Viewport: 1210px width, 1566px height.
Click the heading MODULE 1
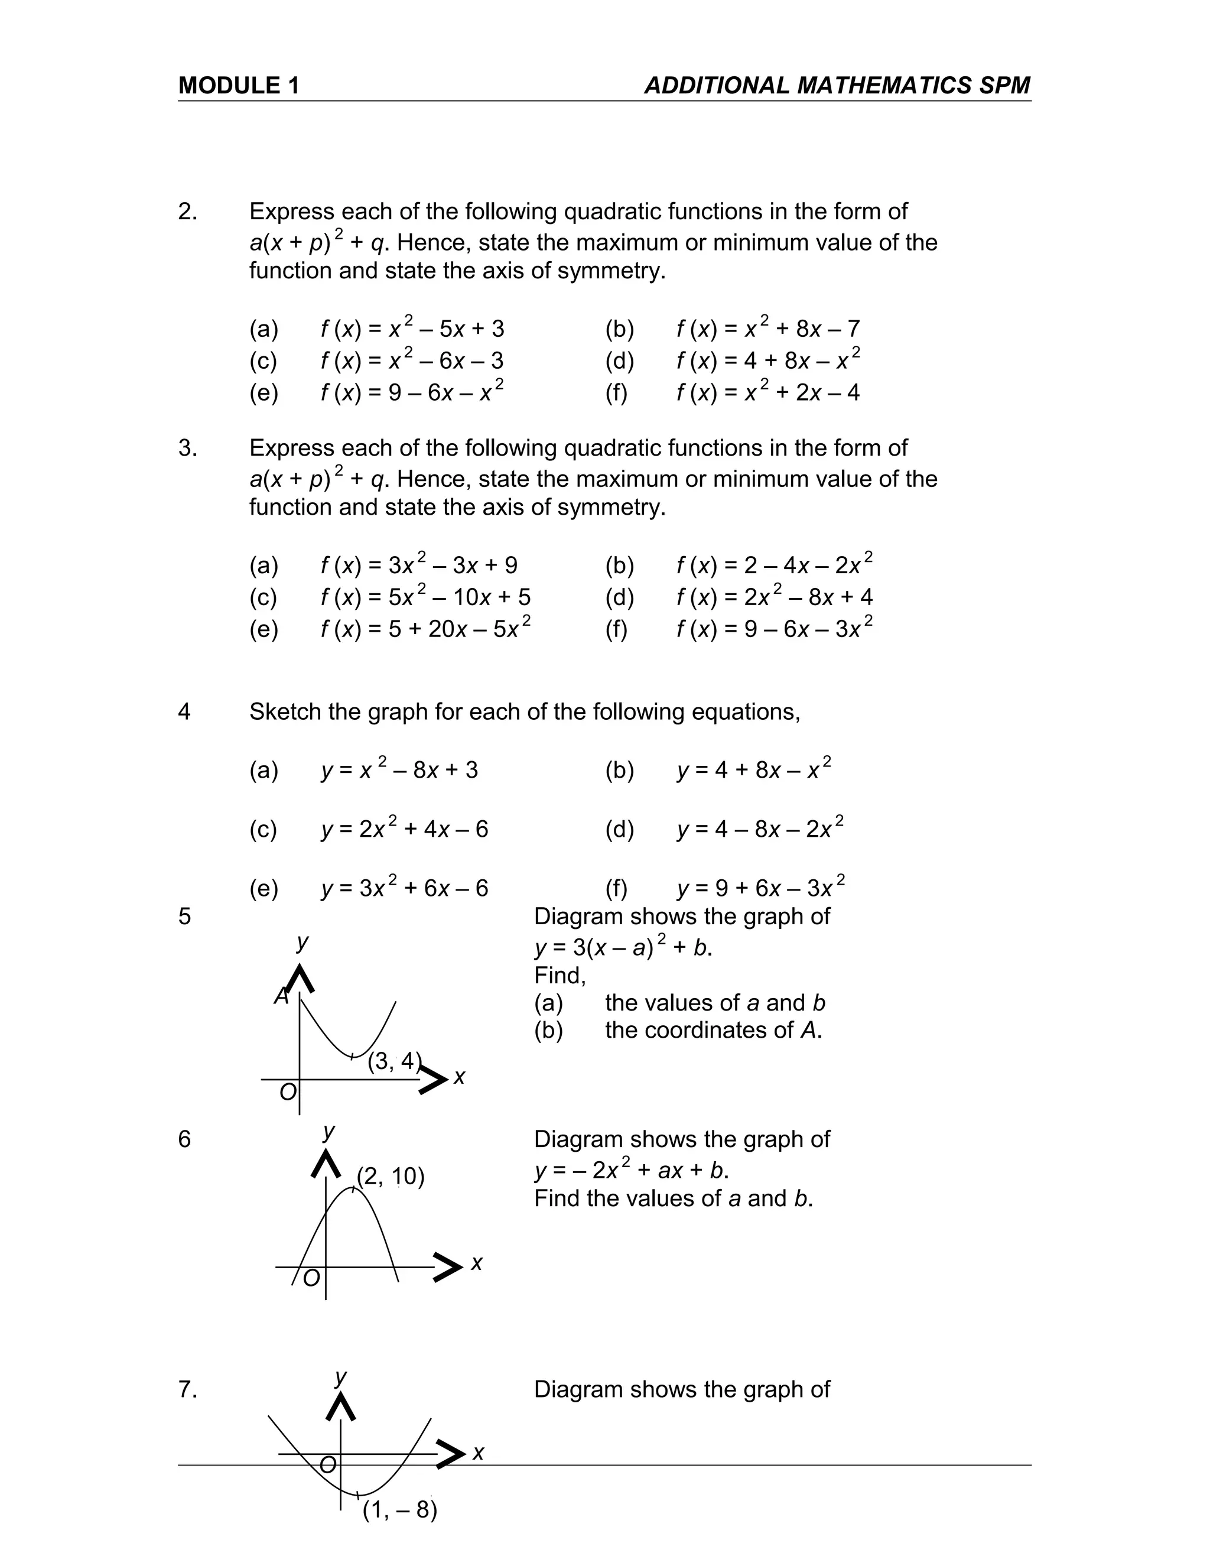point(239,85)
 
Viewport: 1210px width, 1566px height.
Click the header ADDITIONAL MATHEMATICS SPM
point(837,85)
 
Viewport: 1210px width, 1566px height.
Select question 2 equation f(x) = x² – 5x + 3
point(412,329)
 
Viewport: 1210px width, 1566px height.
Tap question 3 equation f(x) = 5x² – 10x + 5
point(425,597)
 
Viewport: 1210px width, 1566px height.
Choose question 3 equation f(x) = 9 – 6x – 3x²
point(774,628)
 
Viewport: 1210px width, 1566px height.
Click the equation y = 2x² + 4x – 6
point(404,829)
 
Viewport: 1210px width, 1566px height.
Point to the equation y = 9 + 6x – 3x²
point(760,888)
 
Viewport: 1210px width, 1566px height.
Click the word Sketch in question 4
point(285,711)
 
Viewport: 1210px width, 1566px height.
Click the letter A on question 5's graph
point(282,996)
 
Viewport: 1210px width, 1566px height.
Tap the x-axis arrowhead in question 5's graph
point(433,1079)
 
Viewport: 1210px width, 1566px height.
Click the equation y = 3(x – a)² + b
point(623,947)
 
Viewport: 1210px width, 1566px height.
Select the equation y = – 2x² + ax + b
point(631,1170)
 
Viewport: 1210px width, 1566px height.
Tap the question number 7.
point(187,1390)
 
